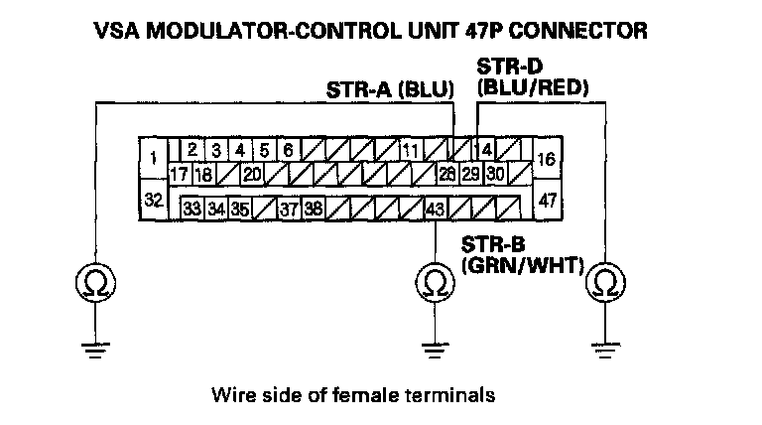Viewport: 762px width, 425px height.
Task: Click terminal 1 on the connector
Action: pyautogui.click(x=153, y=158)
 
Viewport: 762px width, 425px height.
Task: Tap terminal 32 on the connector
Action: pyautogui.click(x=153, y=201)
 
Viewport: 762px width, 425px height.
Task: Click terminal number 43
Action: pyautogui.click(x=435, y=209)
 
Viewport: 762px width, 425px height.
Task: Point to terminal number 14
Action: pyautogui.click(x=484, y=152)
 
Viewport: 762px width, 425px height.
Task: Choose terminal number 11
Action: pyautogui.click(x=409, y=152)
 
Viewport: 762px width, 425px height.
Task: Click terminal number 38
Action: pyautogui.click(x=312, y=209)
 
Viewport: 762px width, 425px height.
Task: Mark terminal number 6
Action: pyautogui.click(x=288, y=152)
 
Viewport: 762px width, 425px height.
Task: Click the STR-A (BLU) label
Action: pyautogui.click(x=389, y=90)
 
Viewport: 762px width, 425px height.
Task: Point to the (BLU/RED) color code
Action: pyautogui.click(x=533, y=89)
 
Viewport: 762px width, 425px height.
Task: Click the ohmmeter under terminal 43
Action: pyautogui.click(x=434, y=283)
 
